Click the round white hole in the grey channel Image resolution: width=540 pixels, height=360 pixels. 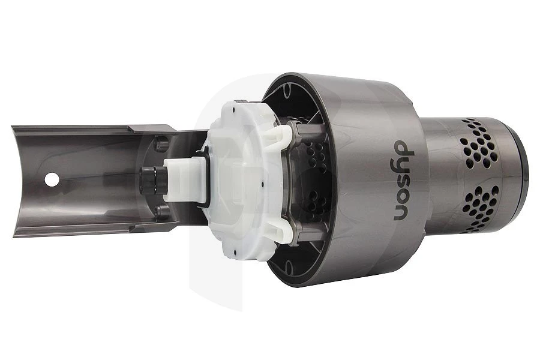52,179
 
